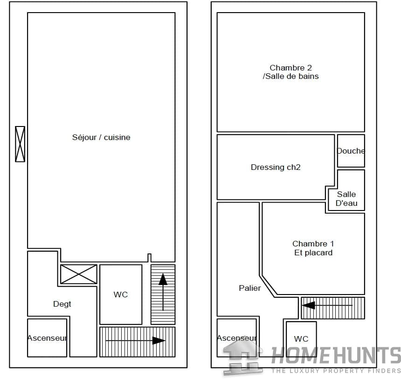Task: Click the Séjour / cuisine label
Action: click(101, 137)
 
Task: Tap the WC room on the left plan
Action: click(121, 295)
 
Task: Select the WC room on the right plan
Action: click(301, 339)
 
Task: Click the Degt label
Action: click(62, 304)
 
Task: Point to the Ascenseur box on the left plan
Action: click(47, 338)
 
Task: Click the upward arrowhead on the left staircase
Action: click(163, 279)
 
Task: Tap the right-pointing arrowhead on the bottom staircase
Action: click(159, 341)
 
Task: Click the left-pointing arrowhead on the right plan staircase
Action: click(309, 305)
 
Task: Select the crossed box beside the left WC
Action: click(79, 274)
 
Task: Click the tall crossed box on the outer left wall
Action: click(20, 144)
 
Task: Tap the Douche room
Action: click(351, 151)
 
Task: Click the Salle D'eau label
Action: click(346, 199)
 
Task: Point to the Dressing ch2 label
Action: click(276, 167)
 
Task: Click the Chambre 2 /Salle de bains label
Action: click(291, 72)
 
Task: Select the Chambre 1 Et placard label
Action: click(313, 248)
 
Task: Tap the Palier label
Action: click(250, 288)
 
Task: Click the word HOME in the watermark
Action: click(300, 356)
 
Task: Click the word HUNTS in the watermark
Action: click(366, 356)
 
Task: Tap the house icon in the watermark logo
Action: click(242, 356)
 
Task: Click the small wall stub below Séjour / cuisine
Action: click(149, 258)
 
